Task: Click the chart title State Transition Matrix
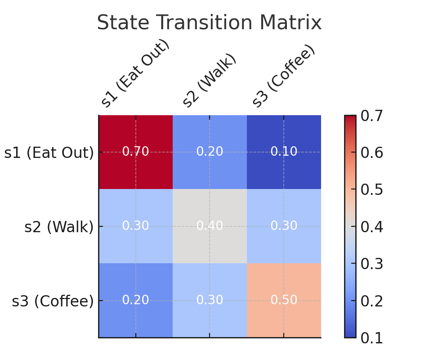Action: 209,23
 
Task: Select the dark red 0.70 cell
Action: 135,152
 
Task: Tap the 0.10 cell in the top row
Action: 284,152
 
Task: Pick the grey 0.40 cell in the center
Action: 210,226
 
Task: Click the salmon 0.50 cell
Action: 284,300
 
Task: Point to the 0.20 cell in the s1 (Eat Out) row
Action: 210,152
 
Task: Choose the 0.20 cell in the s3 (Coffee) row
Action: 135,300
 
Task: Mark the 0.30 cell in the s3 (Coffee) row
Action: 210,300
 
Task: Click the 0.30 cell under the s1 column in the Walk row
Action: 135,226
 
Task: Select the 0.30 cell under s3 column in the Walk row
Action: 284,226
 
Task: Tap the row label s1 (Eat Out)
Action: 49,153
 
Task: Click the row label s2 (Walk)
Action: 59,227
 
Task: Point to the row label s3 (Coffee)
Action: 53,301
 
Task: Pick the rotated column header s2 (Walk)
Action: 209,81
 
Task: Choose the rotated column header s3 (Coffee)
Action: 283,76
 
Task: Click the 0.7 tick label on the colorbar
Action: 372,116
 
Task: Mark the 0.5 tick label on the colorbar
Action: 372,190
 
